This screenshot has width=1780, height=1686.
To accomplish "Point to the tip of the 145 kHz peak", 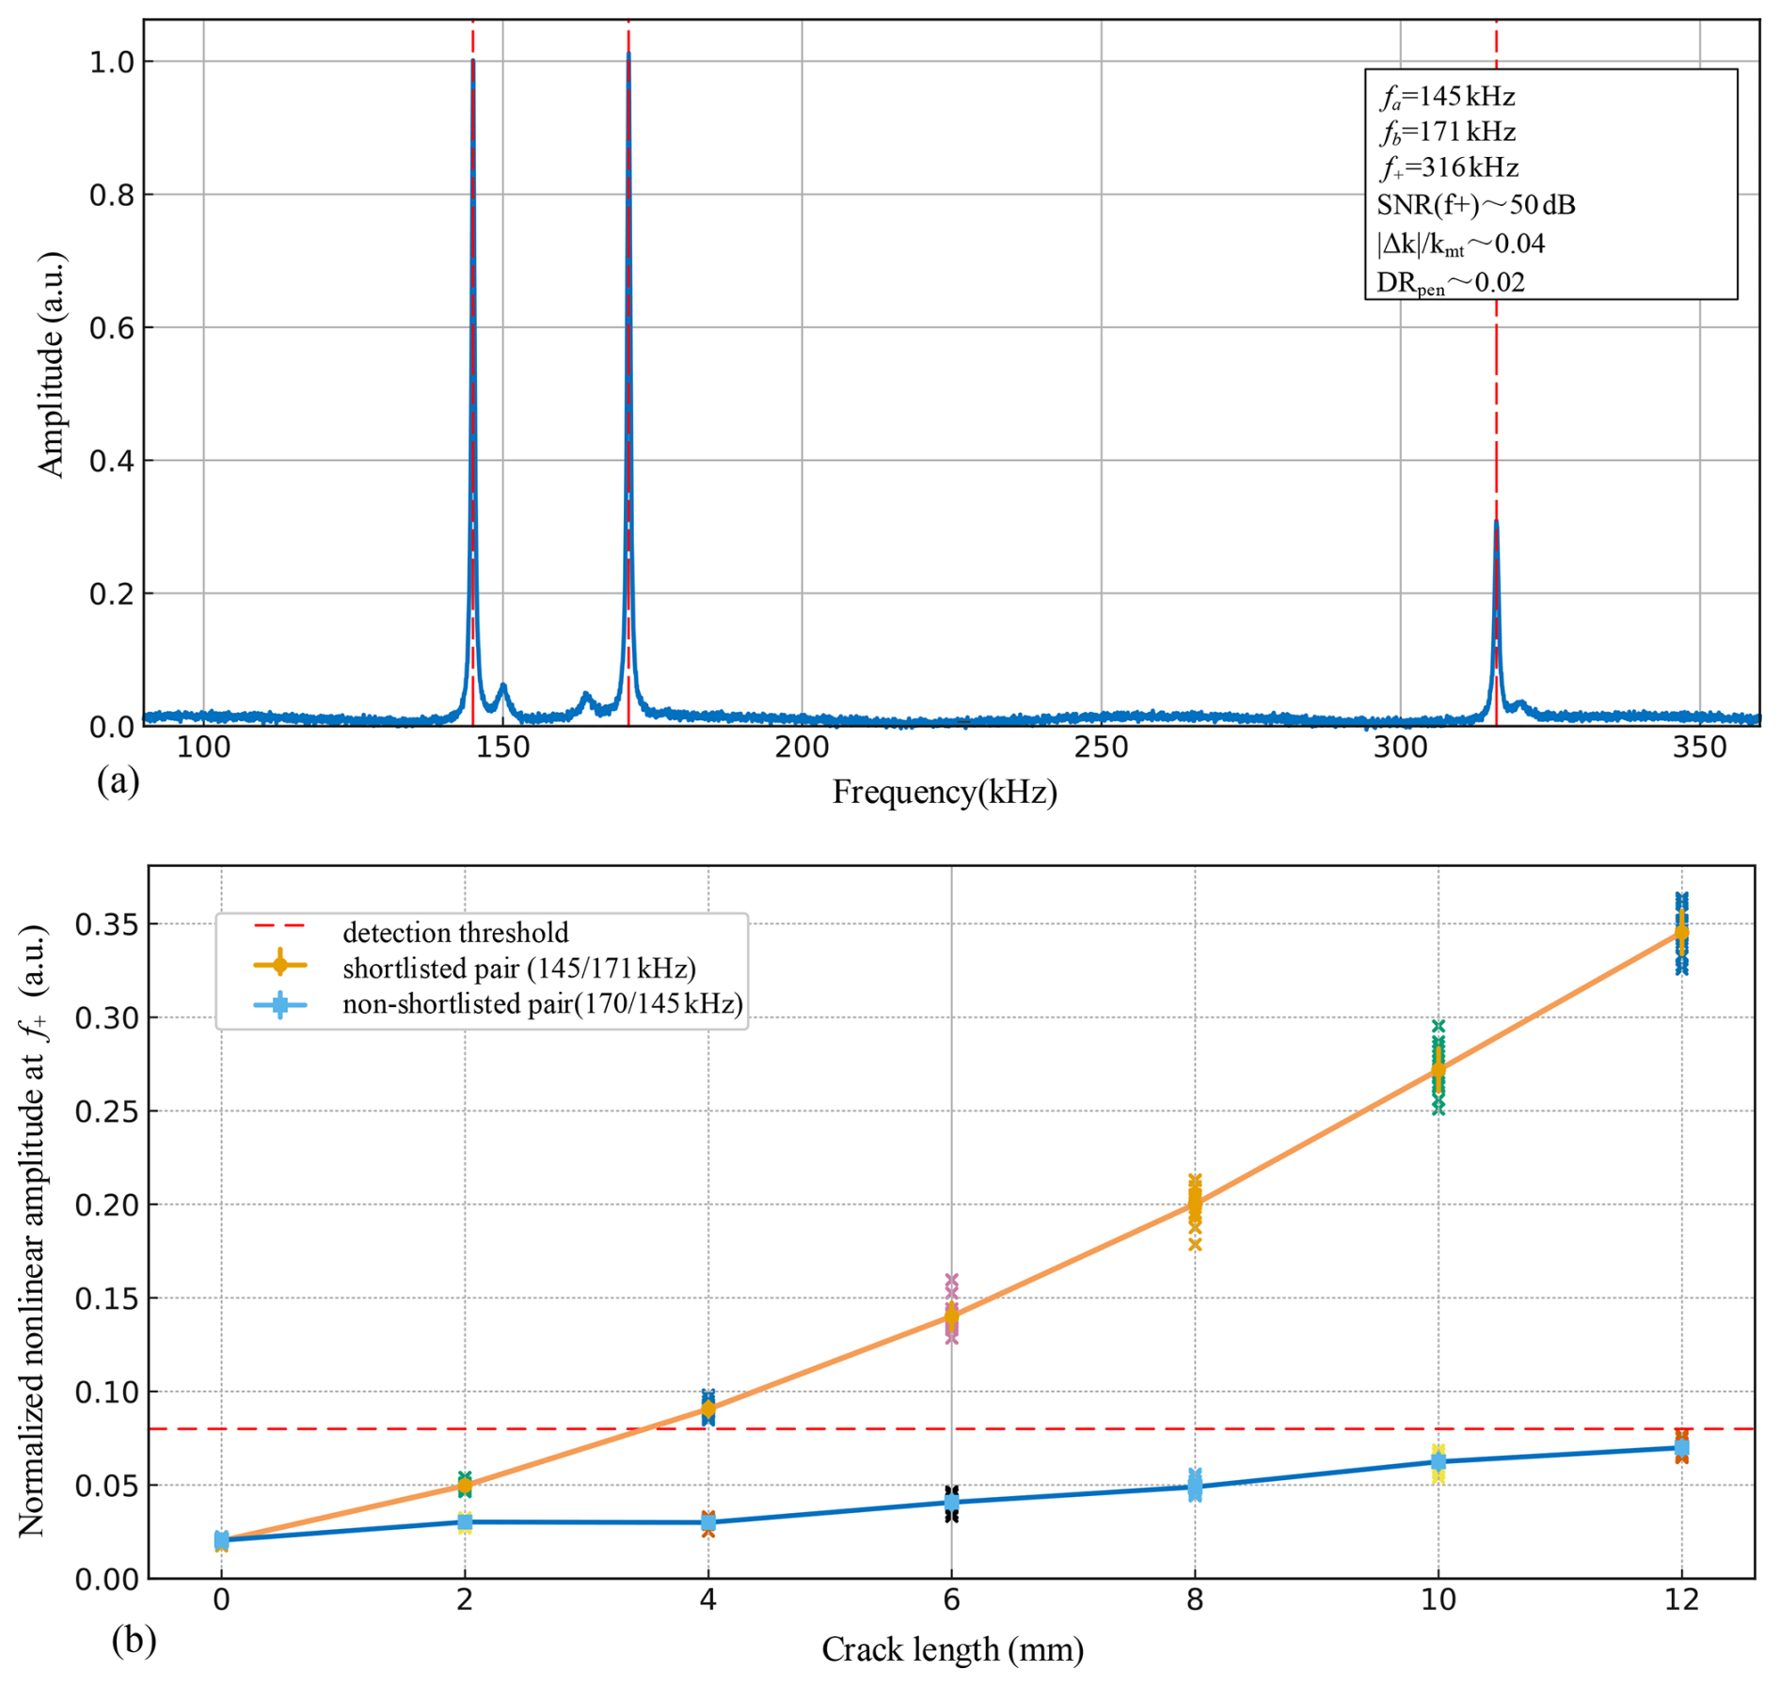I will pos(472,62).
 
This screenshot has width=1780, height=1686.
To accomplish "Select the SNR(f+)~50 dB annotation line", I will pos(1475,204).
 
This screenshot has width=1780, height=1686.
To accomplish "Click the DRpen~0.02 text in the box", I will pos(1450,282).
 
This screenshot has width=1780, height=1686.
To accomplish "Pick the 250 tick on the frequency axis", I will pos(1101,748).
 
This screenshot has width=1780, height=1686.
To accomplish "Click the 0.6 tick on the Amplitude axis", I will pos(109,328).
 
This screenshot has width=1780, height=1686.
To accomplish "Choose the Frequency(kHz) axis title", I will pos(945,793).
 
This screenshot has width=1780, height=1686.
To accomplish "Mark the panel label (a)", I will pos(119,780).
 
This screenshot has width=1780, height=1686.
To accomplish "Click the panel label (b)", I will pos(134,1640).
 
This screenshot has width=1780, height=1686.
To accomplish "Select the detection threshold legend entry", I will pos(455,932).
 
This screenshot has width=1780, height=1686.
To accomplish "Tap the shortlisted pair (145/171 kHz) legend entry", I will pos(518,968).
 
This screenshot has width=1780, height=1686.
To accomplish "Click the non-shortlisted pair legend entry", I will pos(542,1004).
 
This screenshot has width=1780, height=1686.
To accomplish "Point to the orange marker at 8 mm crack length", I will pos(1195,1203).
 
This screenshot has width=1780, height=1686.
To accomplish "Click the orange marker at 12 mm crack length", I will pos(1681,933).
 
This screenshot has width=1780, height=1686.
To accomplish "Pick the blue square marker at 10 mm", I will pos(1438,1461).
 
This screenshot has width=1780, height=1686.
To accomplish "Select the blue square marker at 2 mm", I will pos(465,1521).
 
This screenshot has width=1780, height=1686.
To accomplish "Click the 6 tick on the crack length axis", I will pos(951,1599).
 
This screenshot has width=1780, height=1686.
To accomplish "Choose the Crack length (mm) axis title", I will pos(952,1649).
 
